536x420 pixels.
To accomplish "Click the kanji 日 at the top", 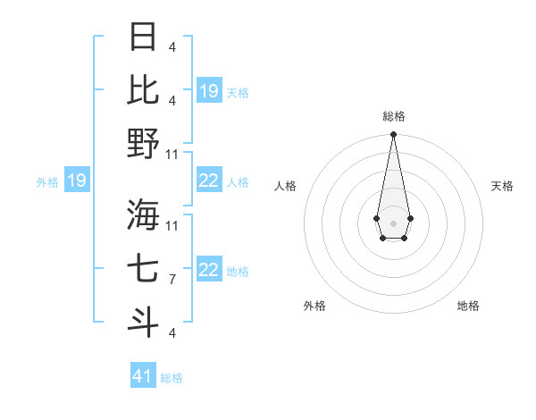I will tap(144, 37).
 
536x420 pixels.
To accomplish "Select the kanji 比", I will tap(144, 89).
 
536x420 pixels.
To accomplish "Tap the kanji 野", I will tap(144, 143).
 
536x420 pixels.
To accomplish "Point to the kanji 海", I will tap(144, 214).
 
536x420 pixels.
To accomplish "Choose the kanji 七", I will tap(144, 267).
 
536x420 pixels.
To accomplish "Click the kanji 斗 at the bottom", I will tap(144, 321).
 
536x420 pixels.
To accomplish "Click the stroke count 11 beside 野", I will tap(173, 155).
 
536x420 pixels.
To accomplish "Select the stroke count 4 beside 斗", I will tap(172, 333).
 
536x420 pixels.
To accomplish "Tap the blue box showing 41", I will tap(143, 376).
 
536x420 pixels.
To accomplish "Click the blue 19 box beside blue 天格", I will tap(209, 91).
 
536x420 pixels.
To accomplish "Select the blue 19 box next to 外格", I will tap(76, 181).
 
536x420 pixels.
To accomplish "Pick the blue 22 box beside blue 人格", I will tap(209, 181).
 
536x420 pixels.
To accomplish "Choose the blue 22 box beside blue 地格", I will tap(209, 270).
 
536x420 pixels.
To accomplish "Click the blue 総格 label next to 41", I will tap(172, 378).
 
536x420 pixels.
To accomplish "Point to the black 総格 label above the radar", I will tap(393, 116).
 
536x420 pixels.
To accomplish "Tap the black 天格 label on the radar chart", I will tap(503, 186).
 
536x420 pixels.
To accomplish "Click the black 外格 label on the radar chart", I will tap(314, 306).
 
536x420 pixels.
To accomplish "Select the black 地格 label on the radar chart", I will tap(468, 306).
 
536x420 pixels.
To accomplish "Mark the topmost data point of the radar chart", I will tap(393, 135).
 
